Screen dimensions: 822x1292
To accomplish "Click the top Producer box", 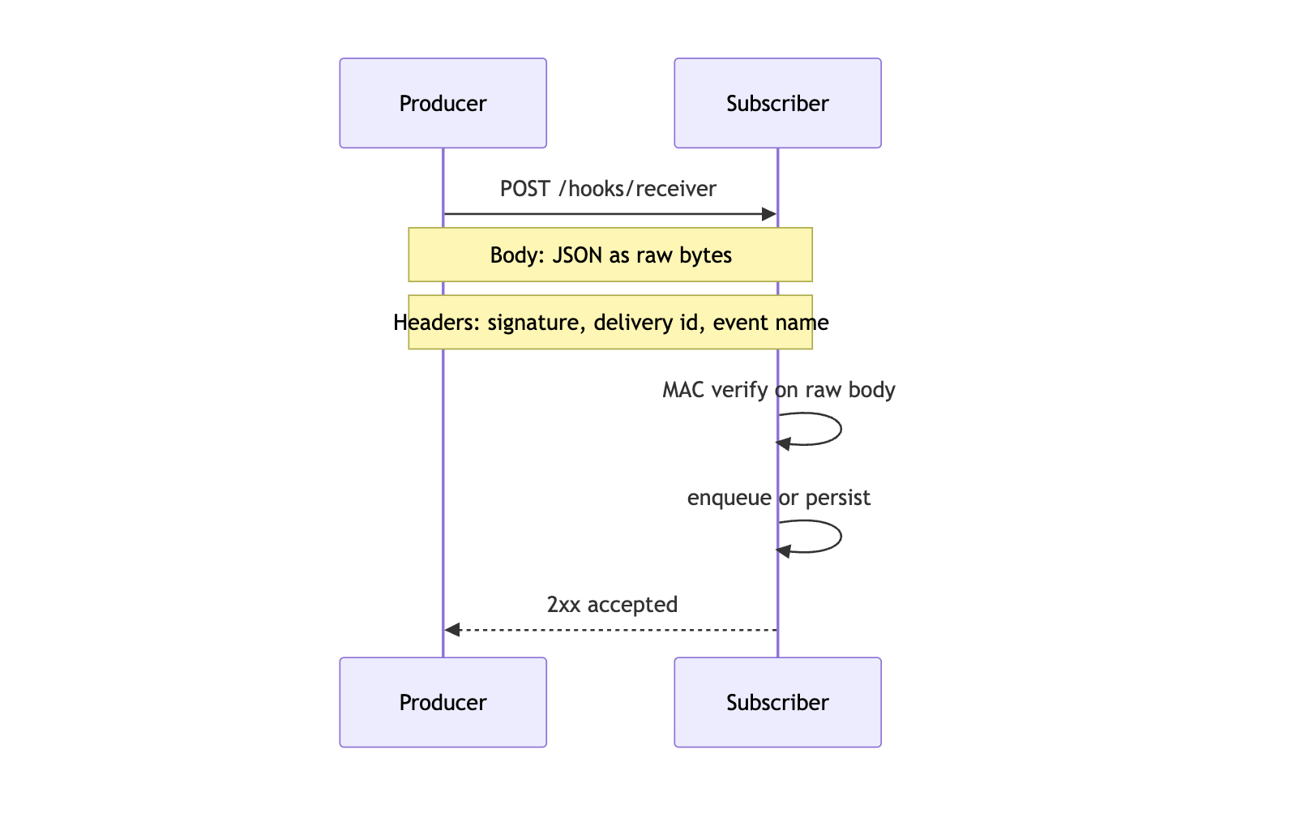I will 443,103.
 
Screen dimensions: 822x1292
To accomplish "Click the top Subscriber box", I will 777,103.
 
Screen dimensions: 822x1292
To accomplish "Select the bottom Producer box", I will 443,702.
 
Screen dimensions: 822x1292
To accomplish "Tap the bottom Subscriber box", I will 777,702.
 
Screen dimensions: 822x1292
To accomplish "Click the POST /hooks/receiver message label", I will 608,189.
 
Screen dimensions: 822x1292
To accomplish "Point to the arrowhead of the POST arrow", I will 769,214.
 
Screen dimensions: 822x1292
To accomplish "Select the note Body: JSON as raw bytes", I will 610,255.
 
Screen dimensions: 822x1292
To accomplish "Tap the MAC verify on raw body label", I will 778,390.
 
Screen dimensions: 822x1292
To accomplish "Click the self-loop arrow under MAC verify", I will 840,429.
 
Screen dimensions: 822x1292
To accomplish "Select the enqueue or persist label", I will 778,498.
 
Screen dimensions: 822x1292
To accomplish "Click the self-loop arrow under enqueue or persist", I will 840,537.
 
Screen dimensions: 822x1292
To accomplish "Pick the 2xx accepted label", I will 612,605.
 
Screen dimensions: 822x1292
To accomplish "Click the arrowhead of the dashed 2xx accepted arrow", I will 452,630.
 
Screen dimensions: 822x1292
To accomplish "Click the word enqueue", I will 729,498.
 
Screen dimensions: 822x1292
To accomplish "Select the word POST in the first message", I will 524,189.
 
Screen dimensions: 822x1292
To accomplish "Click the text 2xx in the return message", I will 563,605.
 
